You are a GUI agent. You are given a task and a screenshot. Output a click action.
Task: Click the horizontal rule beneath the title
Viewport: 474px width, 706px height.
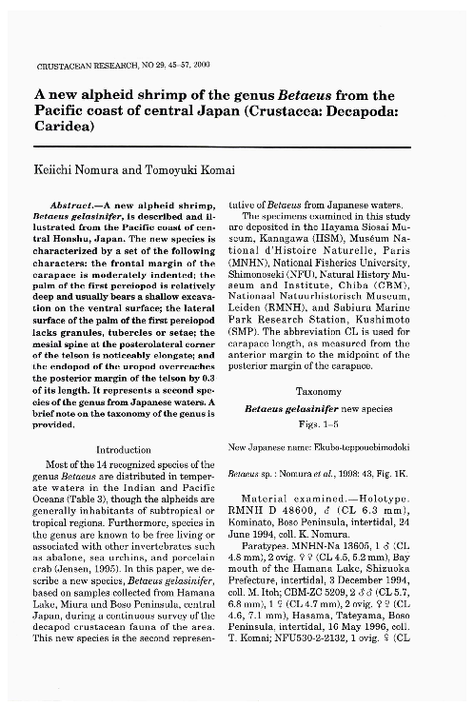(x=222, y=147)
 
